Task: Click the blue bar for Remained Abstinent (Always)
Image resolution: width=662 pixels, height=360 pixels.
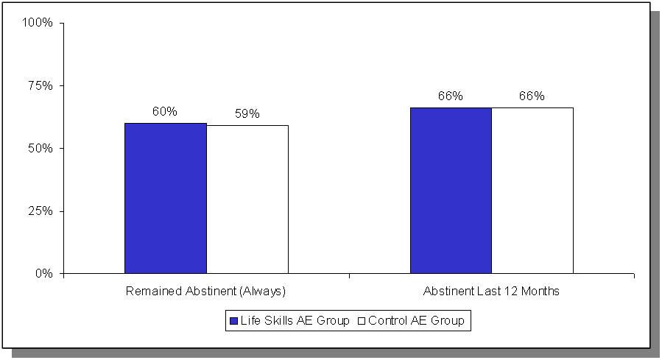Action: coord(165,198)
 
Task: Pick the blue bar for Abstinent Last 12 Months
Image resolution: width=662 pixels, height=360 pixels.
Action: coord(451,190)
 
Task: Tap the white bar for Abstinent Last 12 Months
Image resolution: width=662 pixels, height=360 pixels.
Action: coord(532,190)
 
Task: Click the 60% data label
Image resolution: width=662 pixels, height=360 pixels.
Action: coord(165,112)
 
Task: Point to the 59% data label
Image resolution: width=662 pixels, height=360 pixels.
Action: coord(247,114)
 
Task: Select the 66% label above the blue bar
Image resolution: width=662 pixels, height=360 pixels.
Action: coord(450,96)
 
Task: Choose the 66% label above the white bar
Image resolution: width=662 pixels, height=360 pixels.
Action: coord(532,96)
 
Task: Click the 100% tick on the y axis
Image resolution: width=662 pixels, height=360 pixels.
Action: coord(38,23)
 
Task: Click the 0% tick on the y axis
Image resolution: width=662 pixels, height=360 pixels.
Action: coord(44,274)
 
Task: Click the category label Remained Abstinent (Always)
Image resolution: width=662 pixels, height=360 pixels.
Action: coord(205,292)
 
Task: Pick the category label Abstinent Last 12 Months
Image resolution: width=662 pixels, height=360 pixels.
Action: coord(491,292)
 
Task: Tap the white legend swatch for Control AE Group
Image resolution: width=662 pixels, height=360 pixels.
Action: coord(362,321)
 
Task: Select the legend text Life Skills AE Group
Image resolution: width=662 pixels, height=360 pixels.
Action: coord(295,321)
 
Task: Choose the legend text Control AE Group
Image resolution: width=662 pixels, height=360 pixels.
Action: coord(416,321)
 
